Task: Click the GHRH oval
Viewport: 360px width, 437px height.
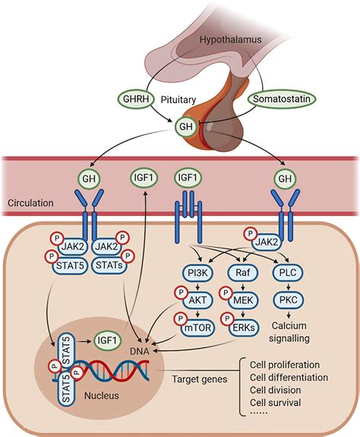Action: pos(135,100)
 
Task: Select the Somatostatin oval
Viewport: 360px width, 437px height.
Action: pos(282,99)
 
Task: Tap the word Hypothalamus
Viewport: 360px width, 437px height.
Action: pos(231,40)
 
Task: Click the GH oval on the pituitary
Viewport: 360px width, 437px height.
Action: pos(186,127)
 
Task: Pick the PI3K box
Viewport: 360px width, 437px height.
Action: pos(197,273)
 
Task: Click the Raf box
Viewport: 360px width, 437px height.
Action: pos(243,273)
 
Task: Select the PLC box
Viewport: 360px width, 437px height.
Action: pos(288,273)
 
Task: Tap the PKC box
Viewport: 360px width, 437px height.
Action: pos(288,300)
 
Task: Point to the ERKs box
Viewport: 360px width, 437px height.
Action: pos(244,328)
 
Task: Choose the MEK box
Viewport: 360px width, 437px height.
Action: pos(243,300)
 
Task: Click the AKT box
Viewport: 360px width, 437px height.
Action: pos(197,300)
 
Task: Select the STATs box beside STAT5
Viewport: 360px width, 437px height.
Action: pos(109,265)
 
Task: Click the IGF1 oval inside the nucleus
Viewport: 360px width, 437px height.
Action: pos(108,340)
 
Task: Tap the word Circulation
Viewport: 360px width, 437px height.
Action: pos(30,203)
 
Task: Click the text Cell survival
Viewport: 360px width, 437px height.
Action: pos(276,403)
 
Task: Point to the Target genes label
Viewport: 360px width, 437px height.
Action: pos(199,379)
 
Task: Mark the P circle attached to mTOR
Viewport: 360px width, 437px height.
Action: pos(181,318)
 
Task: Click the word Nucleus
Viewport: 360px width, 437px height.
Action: pos(102,395)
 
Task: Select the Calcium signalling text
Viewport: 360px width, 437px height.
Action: pos(289,331)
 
